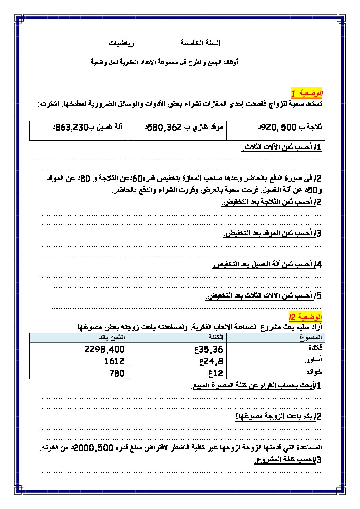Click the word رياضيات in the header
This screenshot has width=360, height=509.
click(121, 44)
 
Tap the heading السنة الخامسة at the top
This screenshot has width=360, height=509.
click(200, 43)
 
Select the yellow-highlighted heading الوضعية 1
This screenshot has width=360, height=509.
click(307, 93)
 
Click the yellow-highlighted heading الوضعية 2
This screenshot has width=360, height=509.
click(305, 317)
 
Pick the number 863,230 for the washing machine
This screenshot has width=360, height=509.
click(72, 128)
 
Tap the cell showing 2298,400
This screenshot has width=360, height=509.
click(104, 349)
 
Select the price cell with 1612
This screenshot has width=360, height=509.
click(114, 361)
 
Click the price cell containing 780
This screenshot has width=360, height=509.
click(117, 373)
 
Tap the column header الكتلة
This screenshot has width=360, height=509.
click(216, 337)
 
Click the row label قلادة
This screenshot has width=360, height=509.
click(315, 348)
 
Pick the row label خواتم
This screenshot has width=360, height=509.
click(314, 372)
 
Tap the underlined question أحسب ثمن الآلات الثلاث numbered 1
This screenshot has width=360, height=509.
click(281, 148)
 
